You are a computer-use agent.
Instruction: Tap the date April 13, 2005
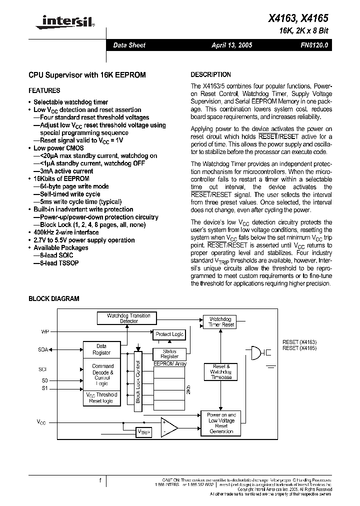231,45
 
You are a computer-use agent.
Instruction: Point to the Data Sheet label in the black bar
129,45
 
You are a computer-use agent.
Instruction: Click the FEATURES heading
44,90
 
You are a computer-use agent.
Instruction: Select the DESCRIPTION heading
211,74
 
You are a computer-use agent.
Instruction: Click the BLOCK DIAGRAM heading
53,298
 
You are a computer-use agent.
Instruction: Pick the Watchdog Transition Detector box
128,318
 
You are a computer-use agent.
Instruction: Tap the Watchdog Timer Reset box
221,322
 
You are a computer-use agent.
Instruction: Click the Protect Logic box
169,334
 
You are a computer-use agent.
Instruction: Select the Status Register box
169,354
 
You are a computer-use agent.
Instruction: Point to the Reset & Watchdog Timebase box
220,372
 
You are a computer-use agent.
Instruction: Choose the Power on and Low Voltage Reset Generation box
221,423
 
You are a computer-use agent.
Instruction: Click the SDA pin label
43,349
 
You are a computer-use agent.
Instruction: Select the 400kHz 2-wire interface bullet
66,232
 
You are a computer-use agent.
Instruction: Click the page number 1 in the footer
100,480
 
